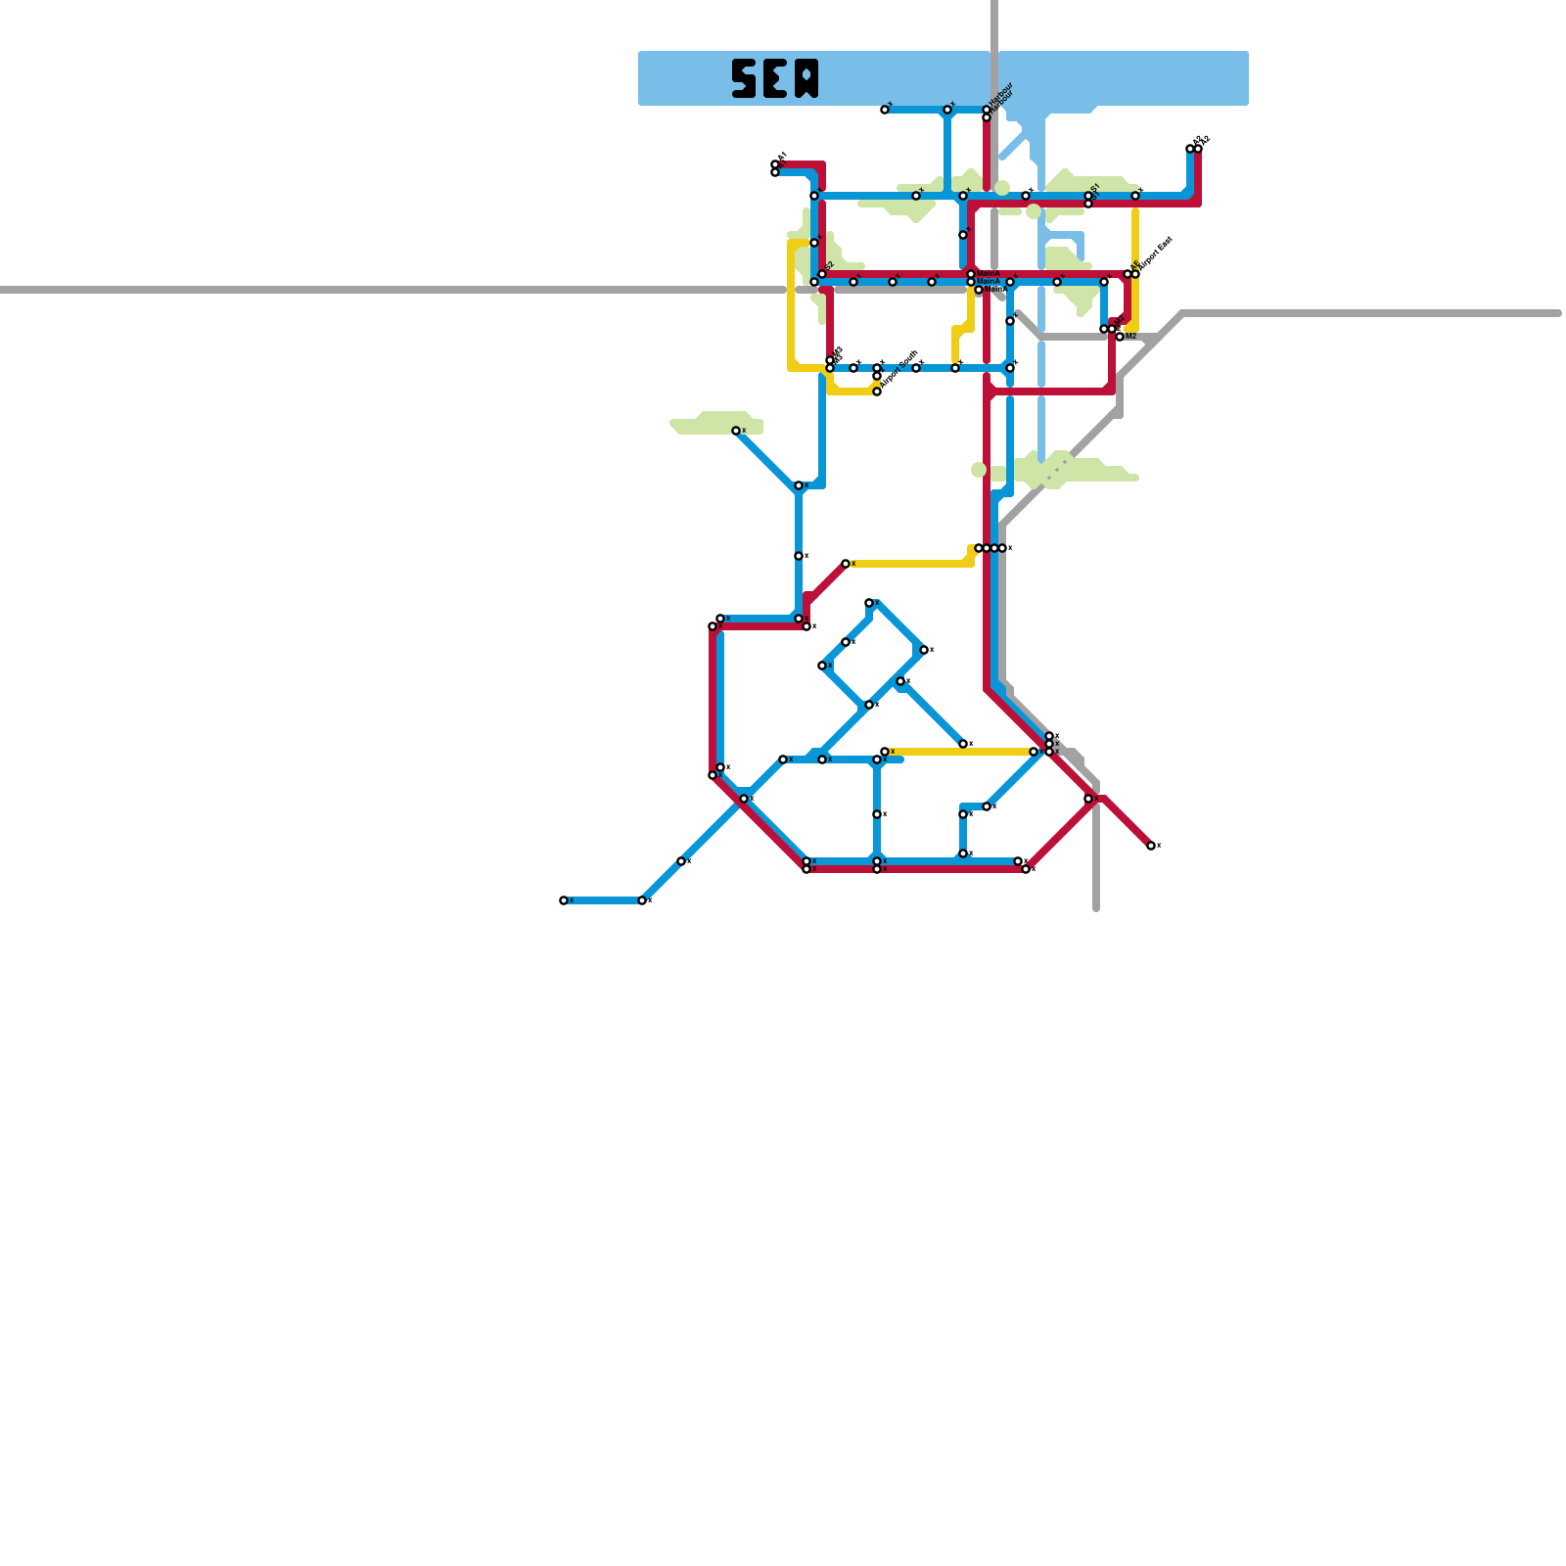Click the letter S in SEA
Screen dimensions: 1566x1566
744,78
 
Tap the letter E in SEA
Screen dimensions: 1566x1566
775,78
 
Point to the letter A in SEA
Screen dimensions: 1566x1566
806,78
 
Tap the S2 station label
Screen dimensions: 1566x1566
829,266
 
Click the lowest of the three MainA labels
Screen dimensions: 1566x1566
995,290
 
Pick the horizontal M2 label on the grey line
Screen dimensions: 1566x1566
1130,337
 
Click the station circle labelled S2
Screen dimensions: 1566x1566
822,274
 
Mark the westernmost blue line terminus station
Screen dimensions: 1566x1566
564,900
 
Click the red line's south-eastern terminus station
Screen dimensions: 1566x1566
1151,846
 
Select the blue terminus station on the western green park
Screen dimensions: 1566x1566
736,431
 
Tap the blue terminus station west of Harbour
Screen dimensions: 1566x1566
885,110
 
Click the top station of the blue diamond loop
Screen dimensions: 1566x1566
869,603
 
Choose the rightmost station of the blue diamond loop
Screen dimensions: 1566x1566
924,650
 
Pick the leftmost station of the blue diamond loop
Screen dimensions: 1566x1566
822,666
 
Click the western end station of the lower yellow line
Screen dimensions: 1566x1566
885,752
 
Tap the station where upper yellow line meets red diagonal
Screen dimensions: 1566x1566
846,564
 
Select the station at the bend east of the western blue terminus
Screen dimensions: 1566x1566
642,900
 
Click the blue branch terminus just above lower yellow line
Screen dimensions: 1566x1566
963,744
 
